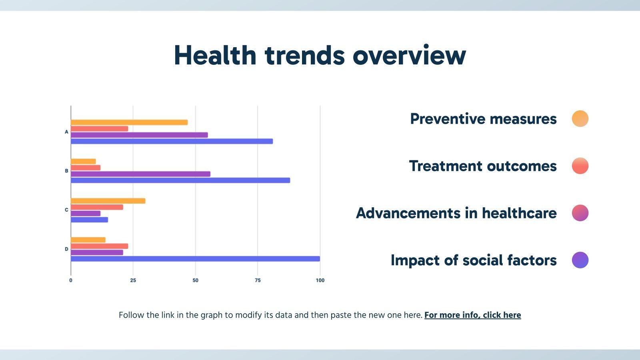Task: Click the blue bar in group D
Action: pos(195,259)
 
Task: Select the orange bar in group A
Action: pos(129,122)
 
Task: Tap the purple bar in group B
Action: pos(140,174)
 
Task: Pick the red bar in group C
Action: pos(97,207)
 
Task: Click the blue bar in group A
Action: pos(172,141)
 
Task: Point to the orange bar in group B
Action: pos(83,161)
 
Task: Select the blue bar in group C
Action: pos(89,220)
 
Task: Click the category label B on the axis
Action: pos(66,171)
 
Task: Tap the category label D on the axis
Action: pos(66,249)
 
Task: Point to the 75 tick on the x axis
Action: pos(258,280)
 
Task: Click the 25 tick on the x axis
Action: pos(133,280)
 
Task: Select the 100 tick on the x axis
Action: pos(320,280)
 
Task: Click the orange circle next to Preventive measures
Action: pos(580,118)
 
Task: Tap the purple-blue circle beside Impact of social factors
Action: pos(580,260)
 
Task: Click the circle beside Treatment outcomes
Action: pos(580,166)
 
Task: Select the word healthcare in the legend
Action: pos(519,213)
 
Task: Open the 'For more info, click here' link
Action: pos(472,315)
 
